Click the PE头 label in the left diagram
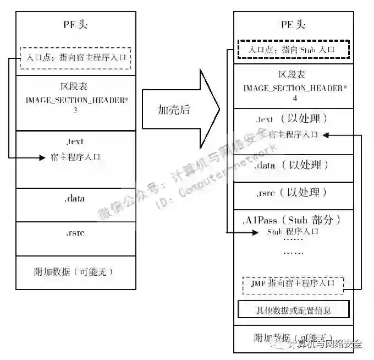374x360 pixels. point(76,25)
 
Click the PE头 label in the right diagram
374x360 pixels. point(293,24)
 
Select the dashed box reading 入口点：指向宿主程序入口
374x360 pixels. point(76,57)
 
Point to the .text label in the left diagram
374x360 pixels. point(76,141)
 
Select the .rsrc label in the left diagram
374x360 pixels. point(76,232)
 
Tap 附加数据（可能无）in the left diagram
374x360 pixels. point(76,271)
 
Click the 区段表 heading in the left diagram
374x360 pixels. point(76,86)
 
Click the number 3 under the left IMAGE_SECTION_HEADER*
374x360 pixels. point(76,111)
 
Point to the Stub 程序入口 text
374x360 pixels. point(293,232)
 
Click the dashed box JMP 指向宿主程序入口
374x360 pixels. point(293,283)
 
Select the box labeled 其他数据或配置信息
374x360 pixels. point(293,309)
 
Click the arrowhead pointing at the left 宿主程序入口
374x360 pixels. point(41,157)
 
